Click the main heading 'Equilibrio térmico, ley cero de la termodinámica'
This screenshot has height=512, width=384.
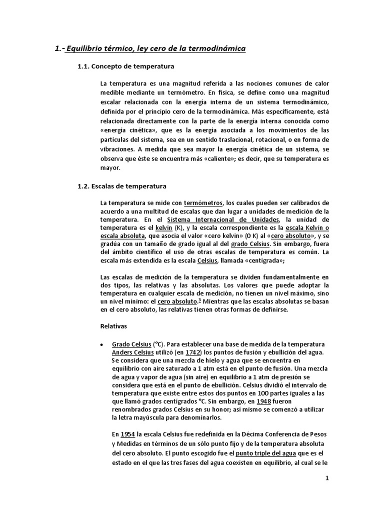point(156,48)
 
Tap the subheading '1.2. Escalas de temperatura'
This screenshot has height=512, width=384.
point(121,186)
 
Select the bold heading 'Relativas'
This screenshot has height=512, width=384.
point(114,326)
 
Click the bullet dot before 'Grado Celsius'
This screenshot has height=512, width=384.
point(102,344)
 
